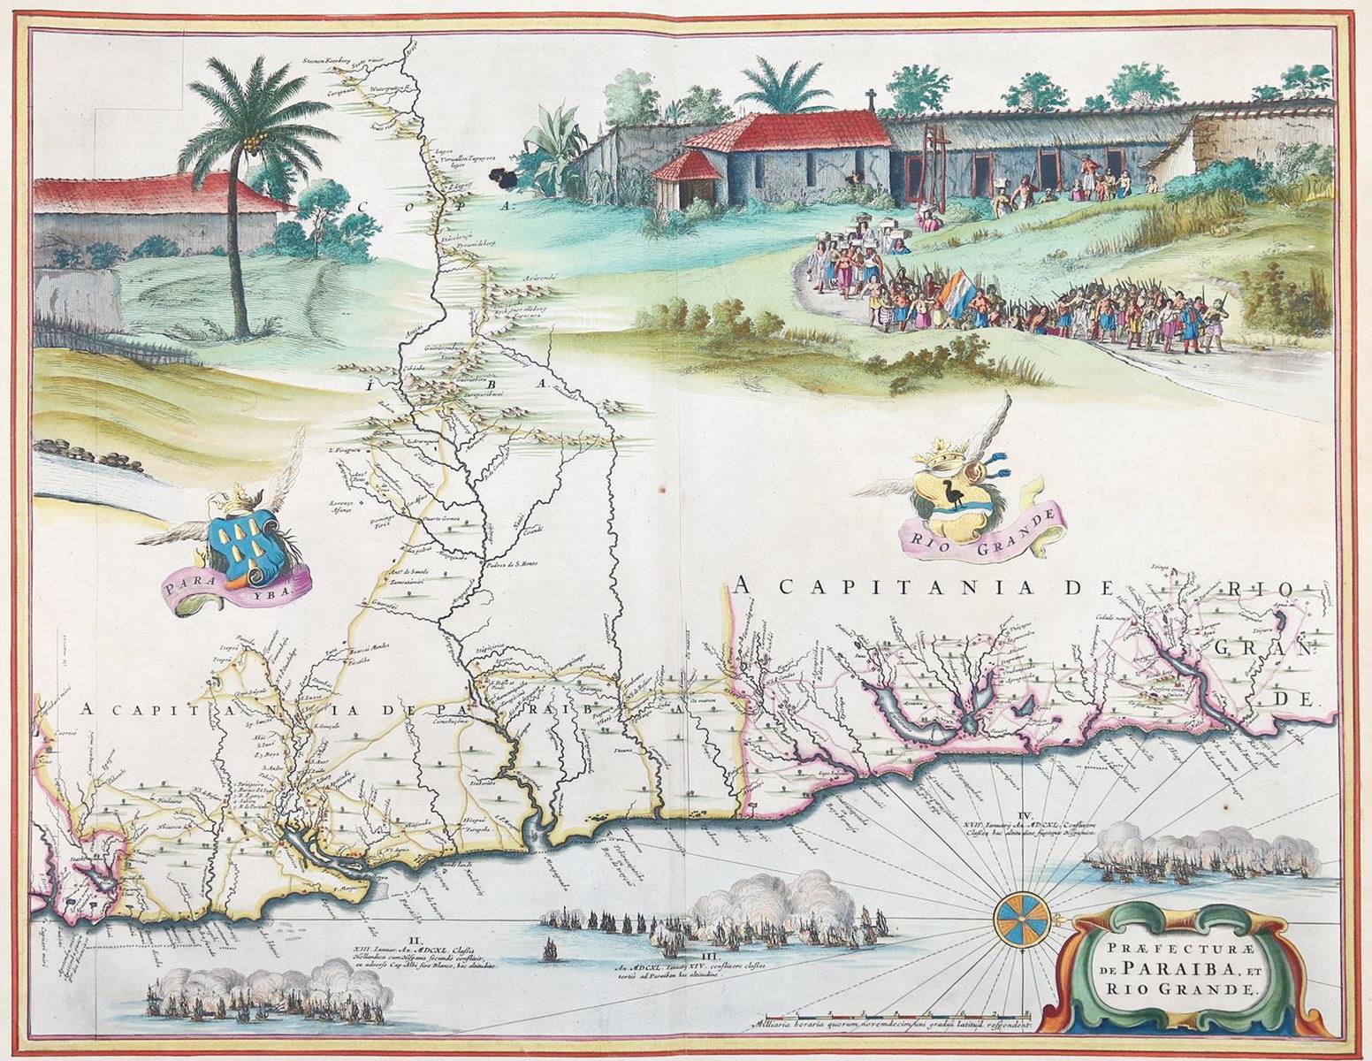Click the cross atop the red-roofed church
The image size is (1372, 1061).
(870, 97)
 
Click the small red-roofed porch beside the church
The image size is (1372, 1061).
(686, 166)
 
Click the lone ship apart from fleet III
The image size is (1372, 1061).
(549, 953)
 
